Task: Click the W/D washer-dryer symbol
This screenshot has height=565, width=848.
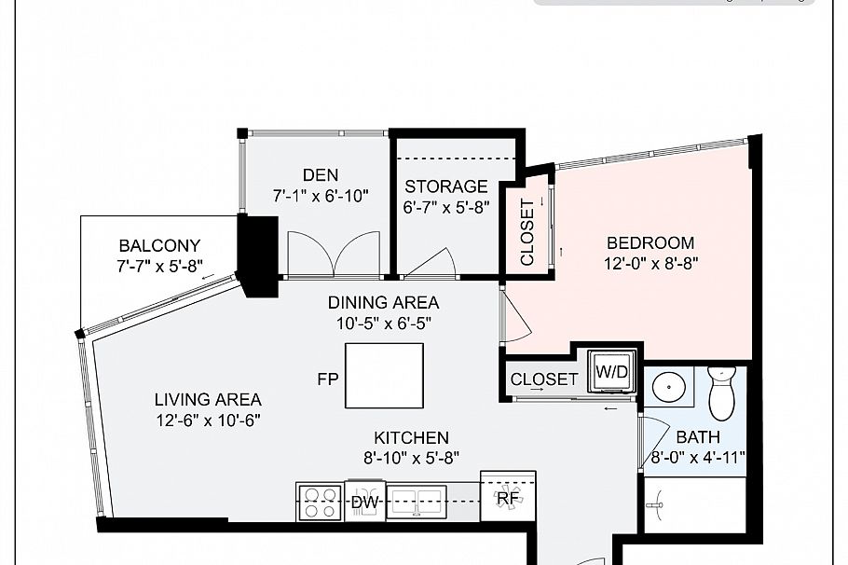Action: (612, 371)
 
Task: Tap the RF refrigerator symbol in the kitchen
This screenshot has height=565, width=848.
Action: (507, 498)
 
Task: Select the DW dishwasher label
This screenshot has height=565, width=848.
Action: (363, 503)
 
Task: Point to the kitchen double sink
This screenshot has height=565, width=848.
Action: (417, 501)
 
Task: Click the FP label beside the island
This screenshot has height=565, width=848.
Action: (327, 379)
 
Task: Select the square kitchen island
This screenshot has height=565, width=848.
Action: (385, 376)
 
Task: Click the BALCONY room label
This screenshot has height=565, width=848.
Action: (159, 246)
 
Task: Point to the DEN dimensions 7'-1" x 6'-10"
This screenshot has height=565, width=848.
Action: (321, 197)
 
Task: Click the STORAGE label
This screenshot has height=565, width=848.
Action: (445, 186)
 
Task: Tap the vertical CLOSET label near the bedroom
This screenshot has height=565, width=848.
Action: (527, 232)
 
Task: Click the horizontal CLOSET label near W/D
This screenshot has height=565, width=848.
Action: (544, 379)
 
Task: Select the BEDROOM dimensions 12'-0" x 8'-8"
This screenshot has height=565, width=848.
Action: (650, 263)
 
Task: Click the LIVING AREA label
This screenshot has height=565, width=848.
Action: (207, 400)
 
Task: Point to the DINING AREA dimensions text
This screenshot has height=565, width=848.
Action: (383, 323)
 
